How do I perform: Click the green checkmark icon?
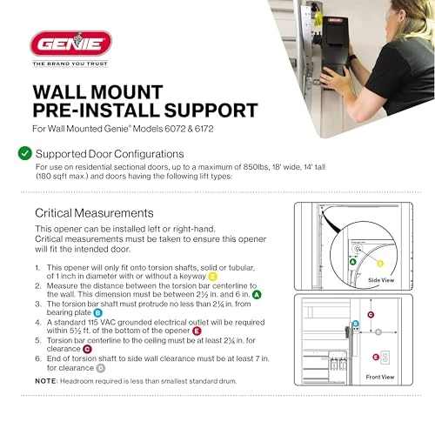[x=24, y=153]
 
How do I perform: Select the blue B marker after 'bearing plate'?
[x=97, y=311]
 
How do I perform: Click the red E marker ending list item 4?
[x=197, y=331]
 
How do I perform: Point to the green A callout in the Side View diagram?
[x=352, y=261]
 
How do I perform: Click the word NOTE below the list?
[x=46, y=381]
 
